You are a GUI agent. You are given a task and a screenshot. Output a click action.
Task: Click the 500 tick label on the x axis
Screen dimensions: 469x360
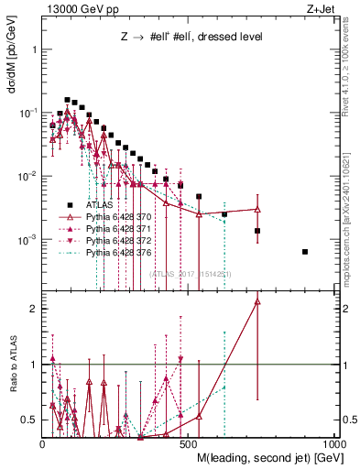[190, 443]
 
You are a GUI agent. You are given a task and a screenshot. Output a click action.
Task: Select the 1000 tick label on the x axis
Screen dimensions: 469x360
[335, 443]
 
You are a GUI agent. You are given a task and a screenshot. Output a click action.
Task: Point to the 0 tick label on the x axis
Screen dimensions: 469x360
[43, 443]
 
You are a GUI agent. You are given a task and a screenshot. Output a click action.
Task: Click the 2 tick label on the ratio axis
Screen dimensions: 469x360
[34, 309]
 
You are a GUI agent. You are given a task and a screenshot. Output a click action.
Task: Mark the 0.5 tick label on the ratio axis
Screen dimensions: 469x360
[30, 420]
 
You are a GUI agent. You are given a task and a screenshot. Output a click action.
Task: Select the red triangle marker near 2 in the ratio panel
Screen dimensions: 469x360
[257, 300]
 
